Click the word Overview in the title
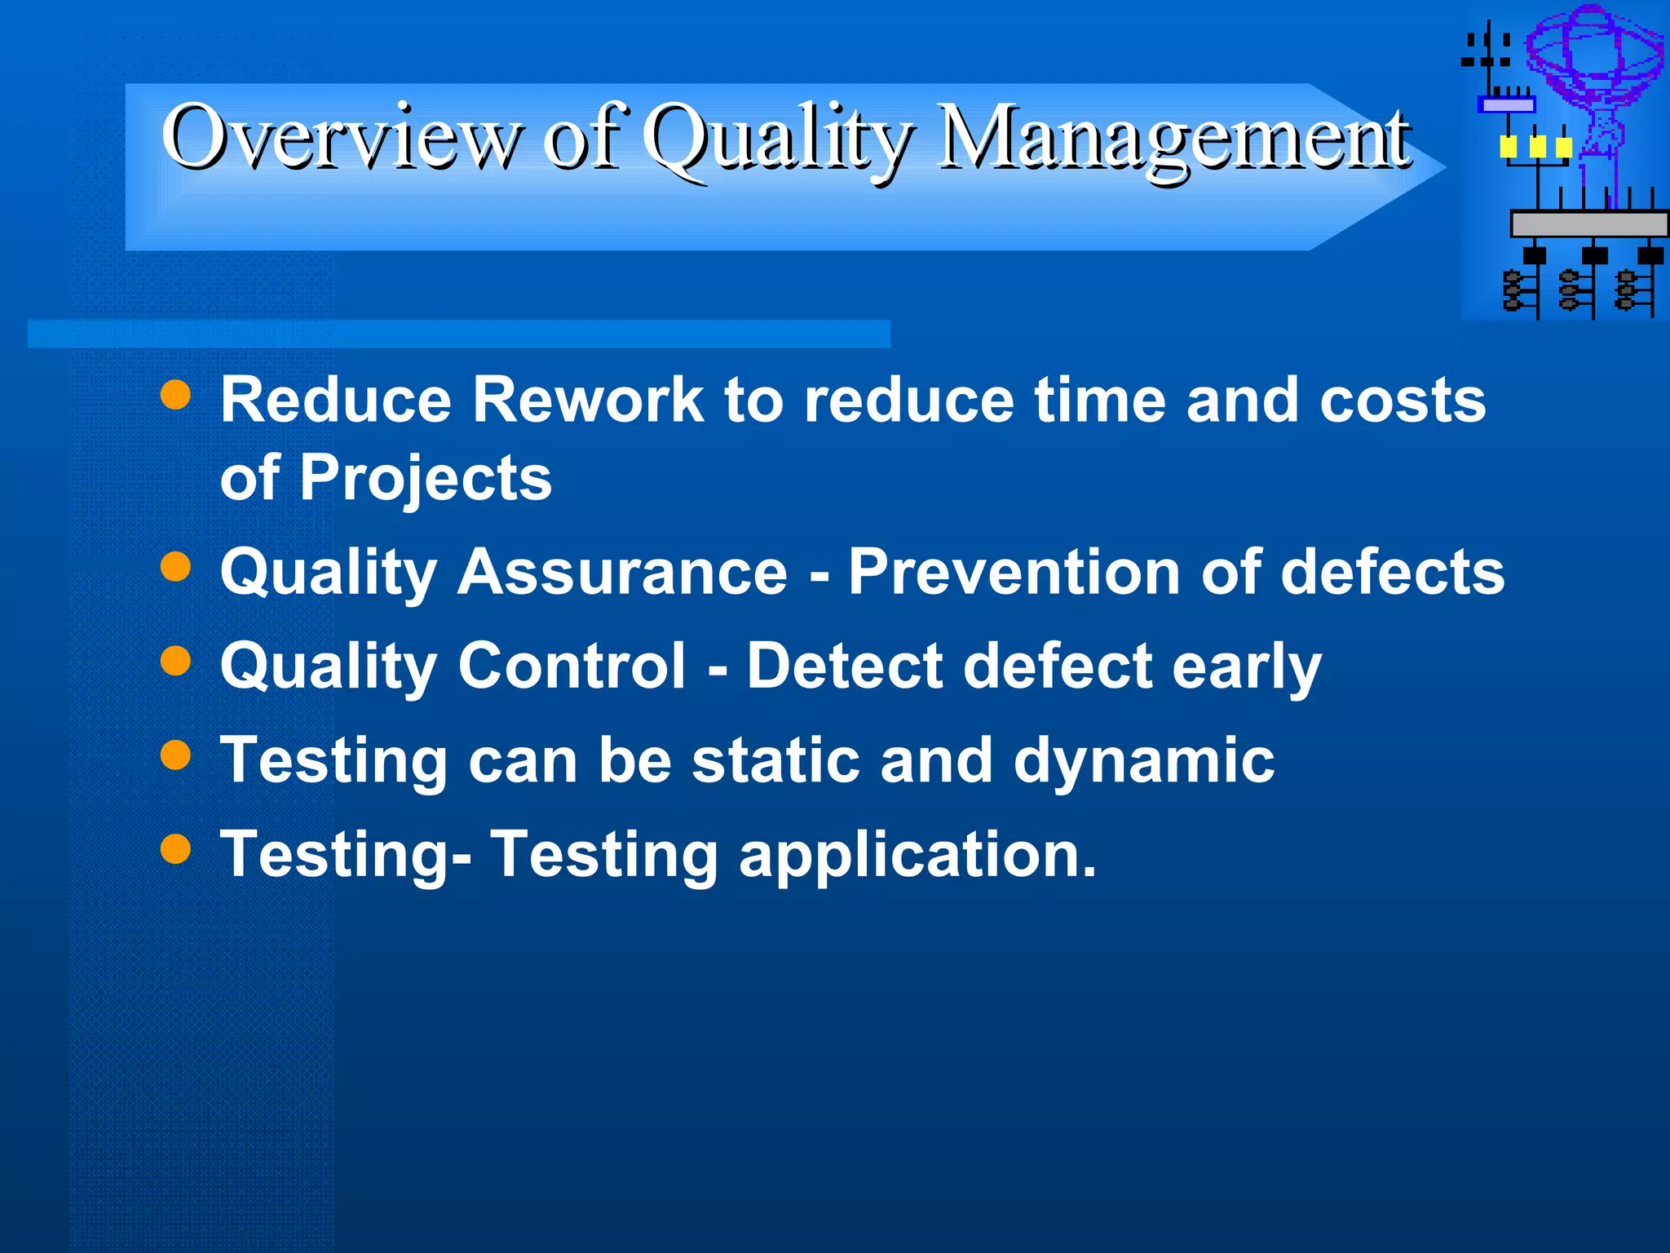point(341,137)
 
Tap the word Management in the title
point(1174,139)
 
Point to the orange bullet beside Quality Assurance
point(175,566)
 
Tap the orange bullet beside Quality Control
point(175,660)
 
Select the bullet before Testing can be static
point(175,754)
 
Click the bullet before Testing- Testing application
point(175,848)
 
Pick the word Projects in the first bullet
point(426,478)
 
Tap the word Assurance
point(621,572)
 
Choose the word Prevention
point(1014,572)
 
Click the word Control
point(572,666)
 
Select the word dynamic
point(1143,761)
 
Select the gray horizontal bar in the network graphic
point(1588,224)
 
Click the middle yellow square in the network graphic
point(1537,147)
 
